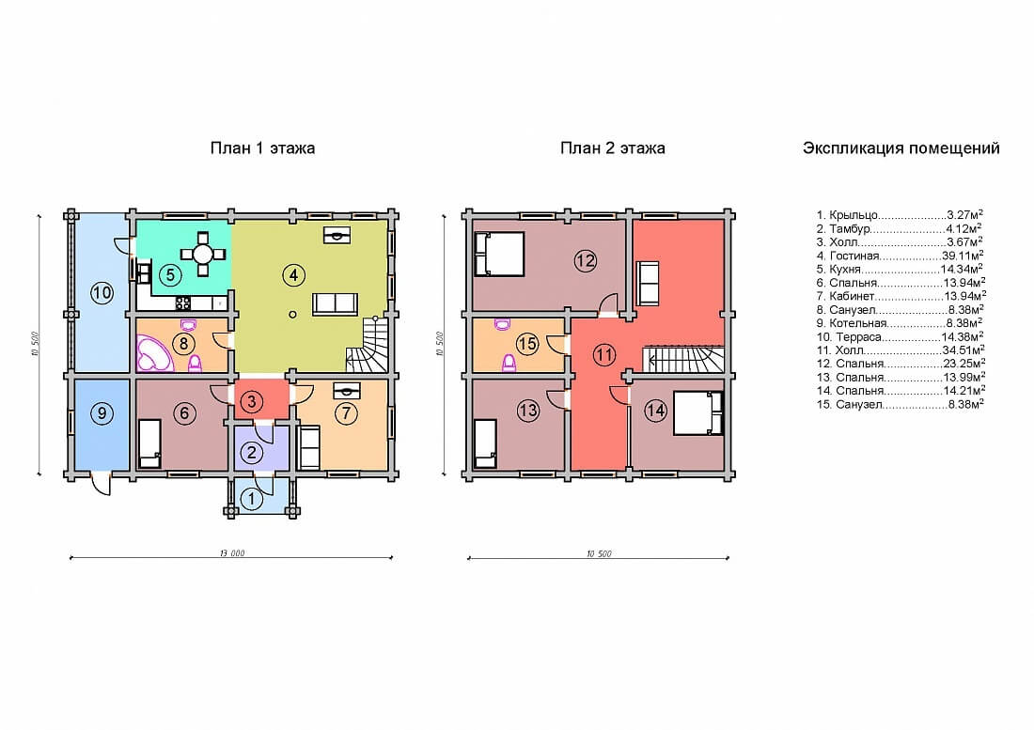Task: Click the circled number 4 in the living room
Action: pos(293,274)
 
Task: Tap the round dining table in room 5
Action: pos(202,254)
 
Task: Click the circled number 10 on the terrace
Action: pos(102,292)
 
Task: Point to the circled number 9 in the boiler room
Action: pos(102,413)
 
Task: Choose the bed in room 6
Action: pos(149,443)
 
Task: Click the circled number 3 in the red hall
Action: pos(252,400)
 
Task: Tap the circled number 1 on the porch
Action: pos(251,499)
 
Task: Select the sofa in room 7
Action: pos(309,446)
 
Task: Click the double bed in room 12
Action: pos(499,253)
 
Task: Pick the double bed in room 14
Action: pos(698,413)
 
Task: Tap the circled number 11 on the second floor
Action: pos(604,355)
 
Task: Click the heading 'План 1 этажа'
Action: pos(262,148)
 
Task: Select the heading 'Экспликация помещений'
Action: pos(901,148)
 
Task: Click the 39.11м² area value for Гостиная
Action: pos(963,256)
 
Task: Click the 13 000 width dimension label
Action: pos(232,552)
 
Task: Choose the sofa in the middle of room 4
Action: pos(335,303)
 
